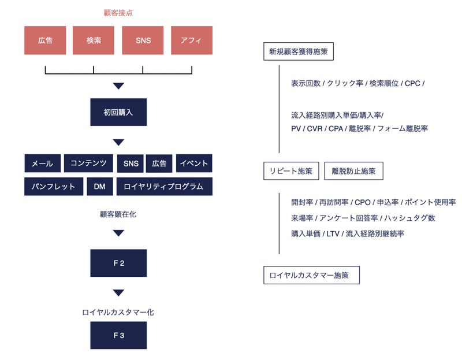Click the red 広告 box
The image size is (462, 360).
(46, 40)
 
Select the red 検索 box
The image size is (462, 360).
(94, 40)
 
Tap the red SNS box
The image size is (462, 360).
(143, 40)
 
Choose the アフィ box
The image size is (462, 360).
(192, 40)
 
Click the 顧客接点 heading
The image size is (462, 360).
(118, 12)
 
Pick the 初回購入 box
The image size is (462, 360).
(118, 112)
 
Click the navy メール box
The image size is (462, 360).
(42, 164)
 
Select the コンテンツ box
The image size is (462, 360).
(88, 164)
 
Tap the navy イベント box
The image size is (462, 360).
(194, 164)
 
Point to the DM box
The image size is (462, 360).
(99, 187)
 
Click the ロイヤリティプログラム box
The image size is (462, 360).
(164, 187)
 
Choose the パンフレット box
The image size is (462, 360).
(54, 187)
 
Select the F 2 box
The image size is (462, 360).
(118, 263)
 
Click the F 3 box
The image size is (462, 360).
(118, 335)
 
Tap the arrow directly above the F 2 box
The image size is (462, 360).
(118, 233)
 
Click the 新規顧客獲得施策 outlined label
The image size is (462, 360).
(298, 51)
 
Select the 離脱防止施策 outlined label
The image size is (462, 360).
(353, 171)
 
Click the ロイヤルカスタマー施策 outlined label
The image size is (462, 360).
(311, 276)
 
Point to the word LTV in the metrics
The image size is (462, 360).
(333, 234)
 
